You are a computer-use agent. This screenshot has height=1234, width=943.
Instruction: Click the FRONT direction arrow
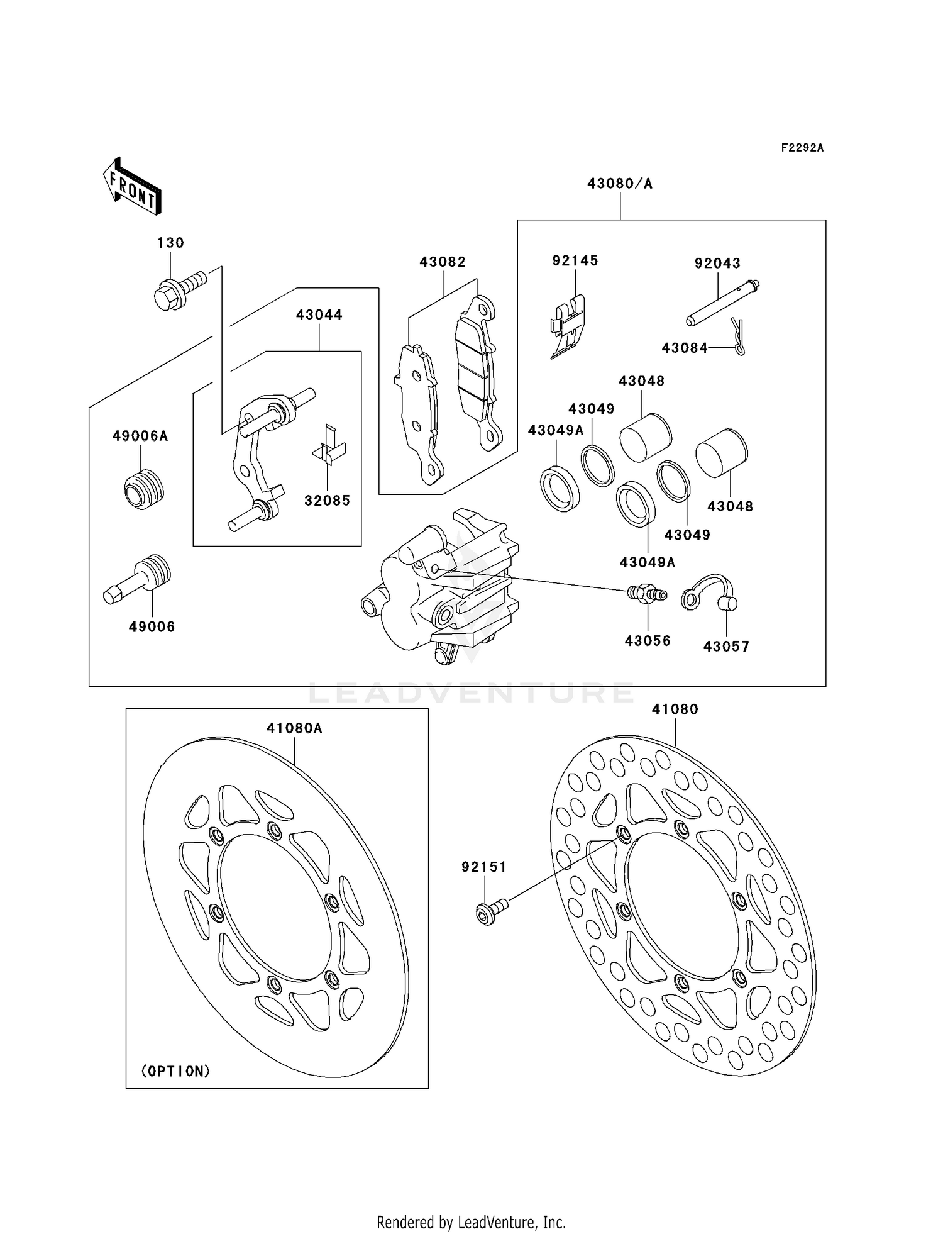(x=133, y=187)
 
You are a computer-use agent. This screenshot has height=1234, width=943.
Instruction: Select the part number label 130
(x=170, y=243)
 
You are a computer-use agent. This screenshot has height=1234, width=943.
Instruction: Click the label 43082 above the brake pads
(x=443, y=262)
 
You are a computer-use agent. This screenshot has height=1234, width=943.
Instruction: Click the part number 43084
(x=684, y=348)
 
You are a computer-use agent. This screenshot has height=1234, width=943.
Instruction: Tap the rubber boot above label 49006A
(x=144, y=489)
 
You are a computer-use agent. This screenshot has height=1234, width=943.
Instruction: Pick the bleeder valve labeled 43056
(x=646, y=593)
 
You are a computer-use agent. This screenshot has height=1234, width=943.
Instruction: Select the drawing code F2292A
(x=802, y=148)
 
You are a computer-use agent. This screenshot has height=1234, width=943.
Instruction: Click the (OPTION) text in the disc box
(x=175, y=1071)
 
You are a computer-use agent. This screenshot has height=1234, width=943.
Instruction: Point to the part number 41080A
(x=294, y=728)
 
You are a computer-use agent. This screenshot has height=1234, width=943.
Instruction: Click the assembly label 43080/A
(x=619, y=184)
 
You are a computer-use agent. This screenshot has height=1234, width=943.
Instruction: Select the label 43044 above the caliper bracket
(x=319, y=314)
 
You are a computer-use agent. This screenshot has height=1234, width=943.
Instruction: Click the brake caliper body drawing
(x=440, y=585)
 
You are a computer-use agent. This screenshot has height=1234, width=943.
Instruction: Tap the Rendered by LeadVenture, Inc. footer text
(x=471, y=1222)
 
